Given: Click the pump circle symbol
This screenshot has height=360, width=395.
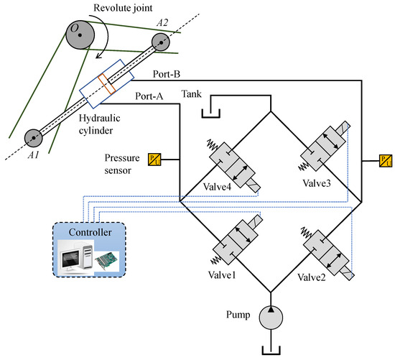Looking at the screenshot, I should click(x=271, y=318).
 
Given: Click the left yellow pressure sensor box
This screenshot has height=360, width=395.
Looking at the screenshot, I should click(x=153, y=159).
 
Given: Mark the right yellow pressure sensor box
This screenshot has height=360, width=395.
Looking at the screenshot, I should click(x=386, y=159).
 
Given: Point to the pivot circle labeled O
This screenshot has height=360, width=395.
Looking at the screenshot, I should click(x=76, y=29).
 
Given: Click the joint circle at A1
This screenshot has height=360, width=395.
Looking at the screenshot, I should click(x=32, y=137).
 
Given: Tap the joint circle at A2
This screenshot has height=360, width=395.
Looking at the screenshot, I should click(x=164, y=42).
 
